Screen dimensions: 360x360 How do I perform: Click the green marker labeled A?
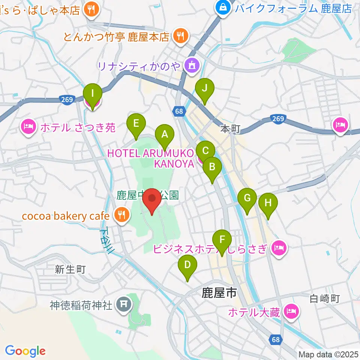tap(164, 134)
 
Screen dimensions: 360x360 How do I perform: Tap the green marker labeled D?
tap(187, 265)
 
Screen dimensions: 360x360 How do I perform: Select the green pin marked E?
tap(136, 123)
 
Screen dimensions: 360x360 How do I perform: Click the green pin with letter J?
tap(204, 88)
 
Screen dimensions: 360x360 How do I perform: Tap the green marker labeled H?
tap(268, 203)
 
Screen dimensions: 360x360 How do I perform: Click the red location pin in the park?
tap(152, 198)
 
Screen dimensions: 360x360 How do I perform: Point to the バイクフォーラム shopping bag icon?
tap(223, 7)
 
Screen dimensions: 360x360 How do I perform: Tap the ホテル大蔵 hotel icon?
tap(291, 310)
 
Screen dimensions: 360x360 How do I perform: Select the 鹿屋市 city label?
tap(219, 292)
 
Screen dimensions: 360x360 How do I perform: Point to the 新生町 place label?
tap(70, 269)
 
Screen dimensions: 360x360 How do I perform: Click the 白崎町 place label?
tap(325, 299)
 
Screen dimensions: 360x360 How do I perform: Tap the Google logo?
tap(25, 351)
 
